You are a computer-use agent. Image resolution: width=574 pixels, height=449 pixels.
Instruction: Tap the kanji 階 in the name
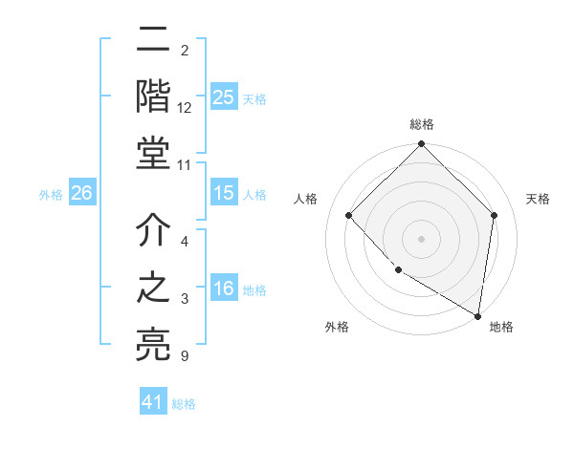coord(153,96)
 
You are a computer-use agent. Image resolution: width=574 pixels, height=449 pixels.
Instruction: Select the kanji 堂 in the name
coord(153,152)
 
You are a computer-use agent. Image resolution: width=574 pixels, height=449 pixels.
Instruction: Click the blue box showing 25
coord(223,96)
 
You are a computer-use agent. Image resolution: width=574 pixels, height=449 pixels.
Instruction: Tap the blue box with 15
coord(223,193)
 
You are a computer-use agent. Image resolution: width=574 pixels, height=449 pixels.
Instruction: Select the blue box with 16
coord(223,289)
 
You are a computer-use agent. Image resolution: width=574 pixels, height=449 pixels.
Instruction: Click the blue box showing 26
coord(81,193)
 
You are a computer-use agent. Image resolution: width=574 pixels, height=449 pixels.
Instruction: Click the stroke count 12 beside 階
coord(185,108)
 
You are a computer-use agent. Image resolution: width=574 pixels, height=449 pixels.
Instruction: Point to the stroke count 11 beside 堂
coord(185,164)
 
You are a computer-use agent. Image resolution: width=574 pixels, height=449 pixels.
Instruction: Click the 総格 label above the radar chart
coord(422,125)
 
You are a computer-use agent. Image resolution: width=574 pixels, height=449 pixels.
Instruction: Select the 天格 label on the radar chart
coord(539,199)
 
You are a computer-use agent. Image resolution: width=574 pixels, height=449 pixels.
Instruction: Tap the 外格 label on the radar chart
coord(337,327)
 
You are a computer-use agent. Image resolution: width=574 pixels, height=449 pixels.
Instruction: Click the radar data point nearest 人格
coord(349,215)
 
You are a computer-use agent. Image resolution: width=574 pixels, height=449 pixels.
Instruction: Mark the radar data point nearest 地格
coord(477,315)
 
